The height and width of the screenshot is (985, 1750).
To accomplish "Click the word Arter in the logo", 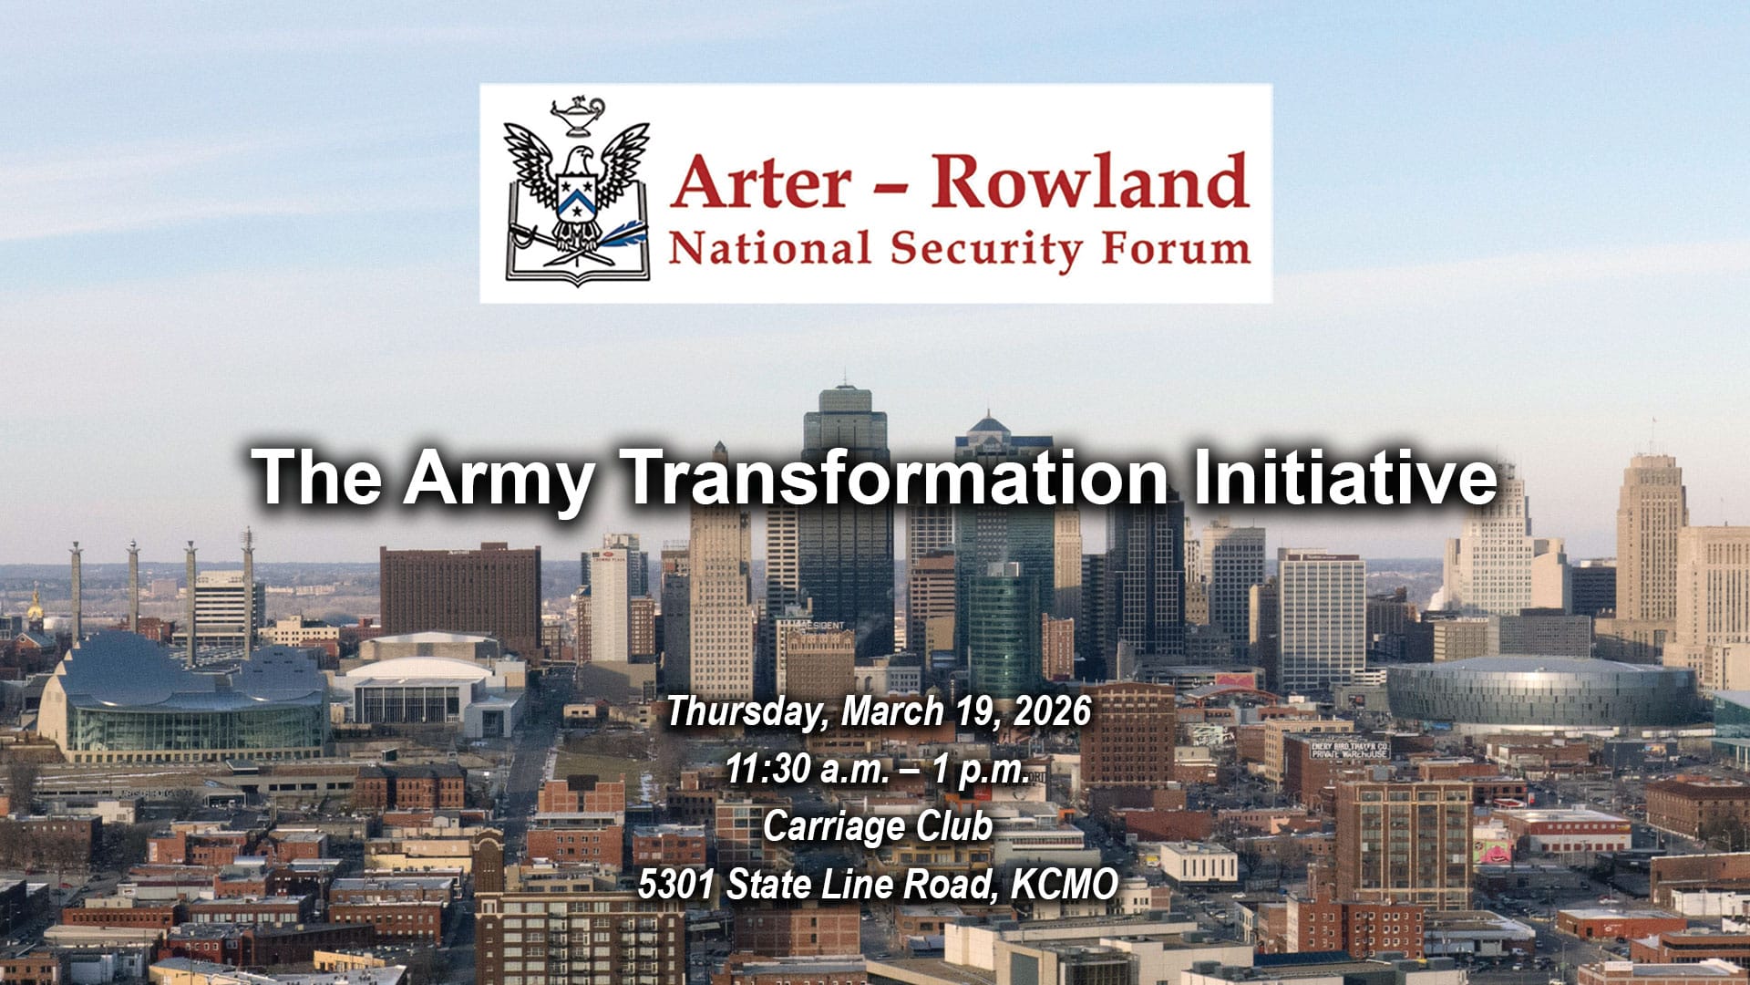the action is click(761, 181).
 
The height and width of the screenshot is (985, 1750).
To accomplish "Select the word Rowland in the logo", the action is click(1089, 180).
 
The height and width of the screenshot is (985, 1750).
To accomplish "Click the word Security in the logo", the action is click(987, 250).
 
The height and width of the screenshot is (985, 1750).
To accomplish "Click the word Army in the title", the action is click(499, 478).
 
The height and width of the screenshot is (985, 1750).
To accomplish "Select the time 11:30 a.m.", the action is click(808, 770).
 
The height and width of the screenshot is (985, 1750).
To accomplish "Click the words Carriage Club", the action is click(878, 827).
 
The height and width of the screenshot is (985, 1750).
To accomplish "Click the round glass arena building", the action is click(1542, 691).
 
